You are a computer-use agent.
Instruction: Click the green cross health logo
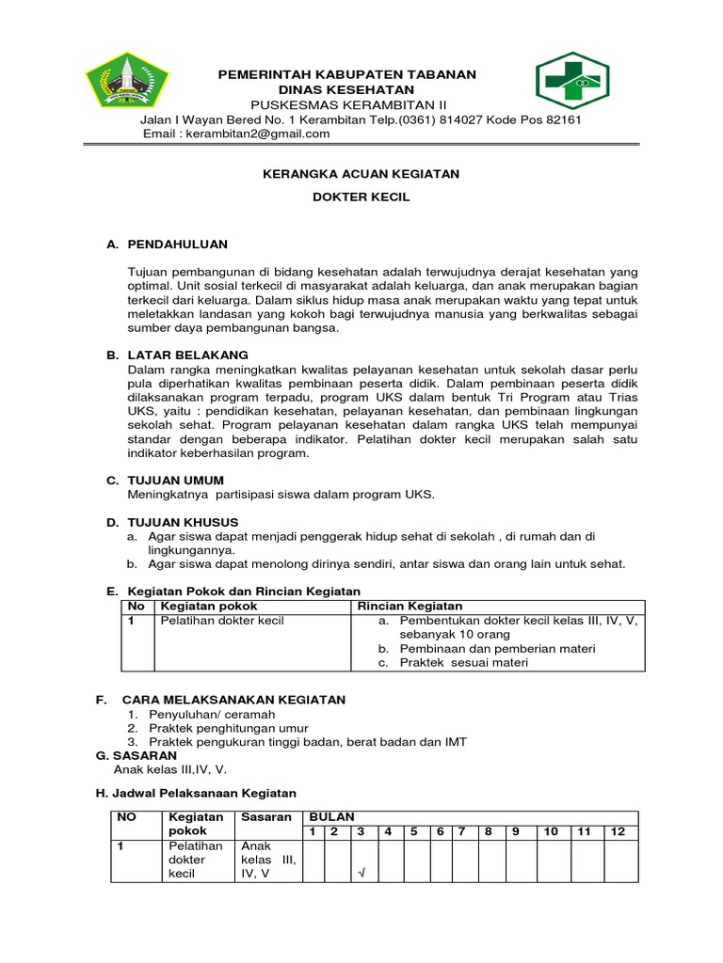[572, 81]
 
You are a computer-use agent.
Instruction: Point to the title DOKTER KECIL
[361, 197]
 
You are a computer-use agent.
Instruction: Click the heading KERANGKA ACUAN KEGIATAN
[361, 174]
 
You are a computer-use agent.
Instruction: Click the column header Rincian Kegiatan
[409, 607]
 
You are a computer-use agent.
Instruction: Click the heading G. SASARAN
[137, 755]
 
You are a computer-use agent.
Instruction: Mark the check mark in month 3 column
[361, 874]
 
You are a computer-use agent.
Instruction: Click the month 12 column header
[619, 831]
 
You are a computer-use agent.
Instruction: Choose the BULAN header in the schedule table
[331, 817]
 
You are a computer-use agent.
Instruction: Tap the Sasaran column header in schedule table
[266, 817]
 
